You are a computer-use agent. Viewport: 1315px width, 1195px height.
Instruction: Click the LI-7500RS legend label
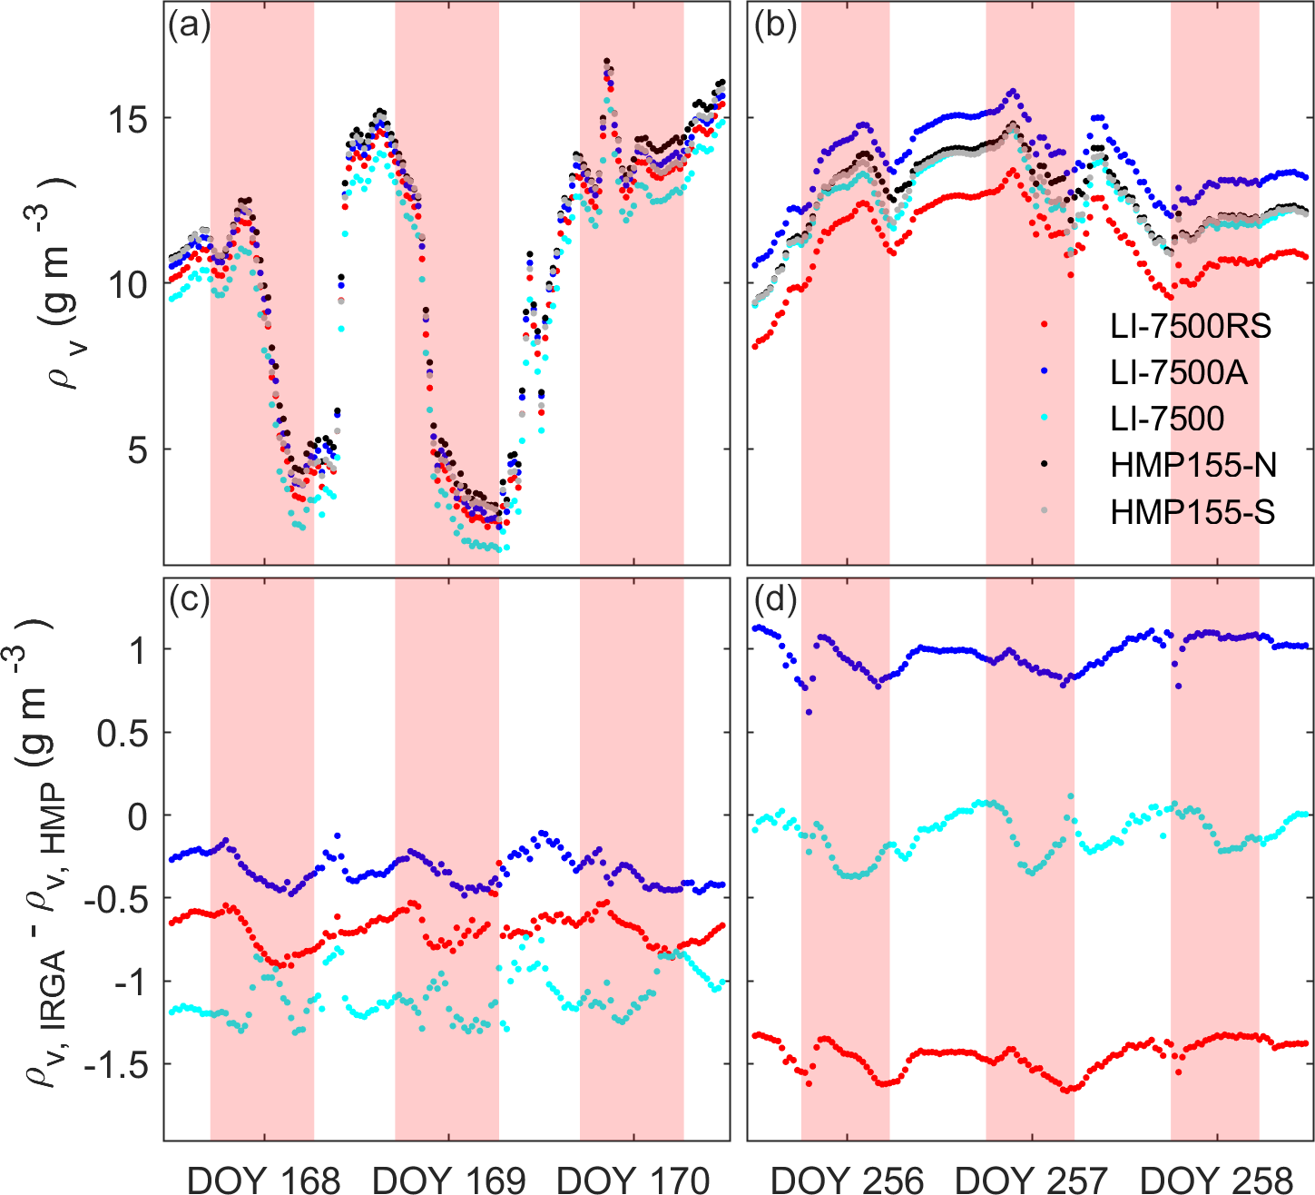pyautogui.click(x=1191, y=326)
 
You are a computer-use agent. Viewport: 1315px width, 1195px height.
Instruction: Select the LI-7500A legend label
pyautogui.click(x=1179, y=372)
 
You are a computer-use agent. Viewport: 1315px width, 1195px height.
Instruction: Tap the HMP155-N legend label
pyautogui.click(x=1193, y=466)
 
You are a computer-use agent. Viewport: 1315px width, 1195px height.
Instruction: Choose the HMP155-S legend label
pyautogui.click(x=1192, y=513)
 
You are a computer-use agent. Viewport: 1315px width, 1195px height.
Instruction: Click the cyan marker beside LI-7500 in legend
pyautogui.click(x=1045, y=419)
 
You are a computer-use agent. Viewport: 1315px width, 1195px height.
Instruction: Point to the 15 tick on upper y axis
pyautogui.click(x=132, y=120)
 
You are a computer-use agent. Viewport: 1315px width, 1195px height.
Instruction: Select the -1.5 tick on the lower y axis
pyautogui.click(x=117, y=1065)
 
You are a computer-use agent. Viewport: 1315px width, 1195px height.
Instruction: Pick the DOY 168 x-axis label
pyautogui.click(x=264, y=1180)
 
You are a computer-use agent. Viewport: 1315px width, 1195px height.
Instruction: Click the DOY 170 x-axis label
pyautogui.click(x=633, y=1180)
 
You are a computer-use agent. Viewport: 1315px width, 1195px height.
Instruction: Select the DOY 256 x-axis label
pyautogui.click(x=847, y=1180)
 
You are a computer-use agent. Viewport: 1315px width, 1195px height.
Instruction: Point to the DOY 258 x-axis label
pyautogui.click(x=1216, y=1180)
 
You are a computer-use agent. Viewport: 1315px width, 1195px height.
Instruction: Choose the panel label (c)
pyautogui.click(x=190, y=599)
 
